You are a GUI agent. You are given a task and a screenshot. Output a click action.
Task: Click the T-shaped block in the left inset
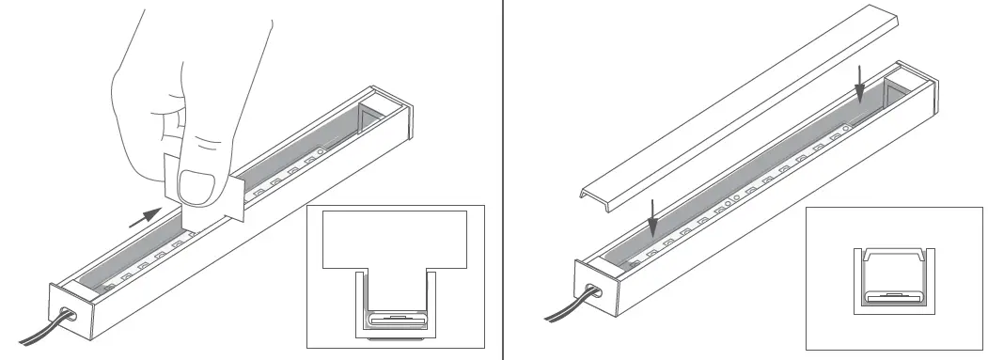[394, 239]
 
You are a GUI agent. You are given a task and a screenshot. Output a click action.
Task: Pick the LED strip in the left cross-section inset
[394, 320]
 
